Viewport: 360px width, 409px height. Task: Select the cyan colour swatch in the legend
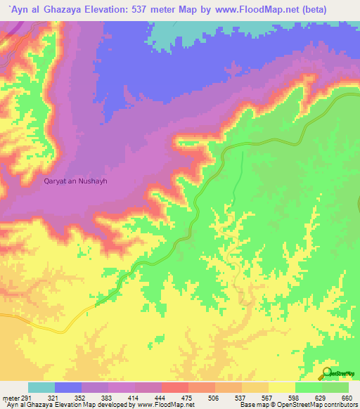tap(41, 388)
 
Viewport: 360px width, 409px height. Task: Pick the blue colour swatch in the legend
tap(68, 388)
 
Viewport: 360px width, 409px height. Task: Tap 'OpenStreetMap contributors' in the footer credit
tap(307, 405)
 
